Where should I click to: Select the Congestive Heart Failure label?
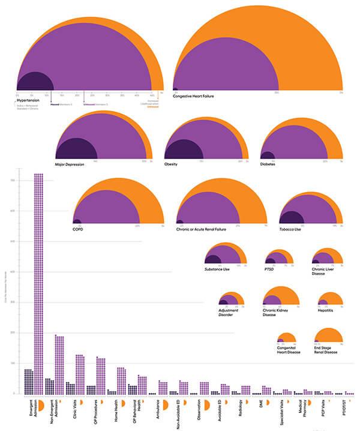pyautogui.click(x=193, y=95)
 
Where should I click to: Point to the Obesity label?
pyautogui.click(x=171, y=164)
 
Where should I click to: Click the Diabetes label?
pyautogui.click(x=268, y=164)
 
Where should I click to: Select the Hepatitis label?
pyautogui.click(x=326, y=310)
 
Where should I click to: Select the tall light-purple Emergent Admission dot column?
pyautogui.click(x=38, y=282)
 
